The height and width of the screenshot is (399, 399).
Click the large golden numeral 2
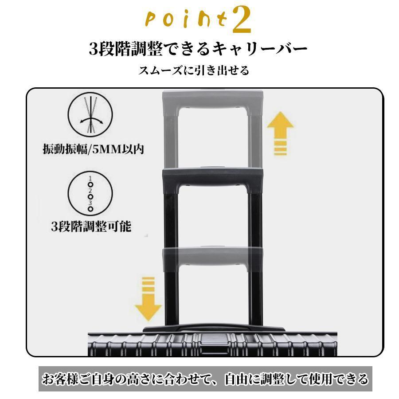coord(242,20)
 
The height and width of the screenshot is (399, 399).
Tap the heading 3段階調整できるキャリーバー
coord(198,48)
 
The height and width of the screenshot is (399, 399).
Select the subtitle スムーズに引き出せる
coord(194,70)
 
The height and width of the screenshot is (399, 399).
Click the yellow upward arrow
coord(280,133)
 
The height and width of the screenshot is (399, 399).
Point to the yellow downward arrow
coord(148,299)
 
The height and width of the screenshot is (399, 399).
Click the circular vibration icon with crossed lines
coord(90,115)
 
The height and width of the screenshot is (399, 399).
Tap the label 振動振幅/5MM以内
coord(94,149)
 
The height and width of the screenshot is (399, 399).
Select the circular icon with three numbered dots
coord(90,193)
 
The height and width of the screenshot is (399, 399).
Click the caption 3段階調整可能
coord(91,226)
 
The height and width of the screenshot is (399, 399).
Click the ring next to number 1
coord(90,184)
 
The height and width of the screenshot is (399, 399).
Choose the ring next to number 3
coord(90,209)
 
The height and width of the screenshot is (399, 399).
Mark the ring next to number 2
coord(90,197)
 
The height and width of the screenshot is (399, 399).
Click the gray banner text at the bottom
coord(205,379)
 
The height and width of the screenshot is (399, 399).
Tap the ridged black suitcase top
coord(213,344)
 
